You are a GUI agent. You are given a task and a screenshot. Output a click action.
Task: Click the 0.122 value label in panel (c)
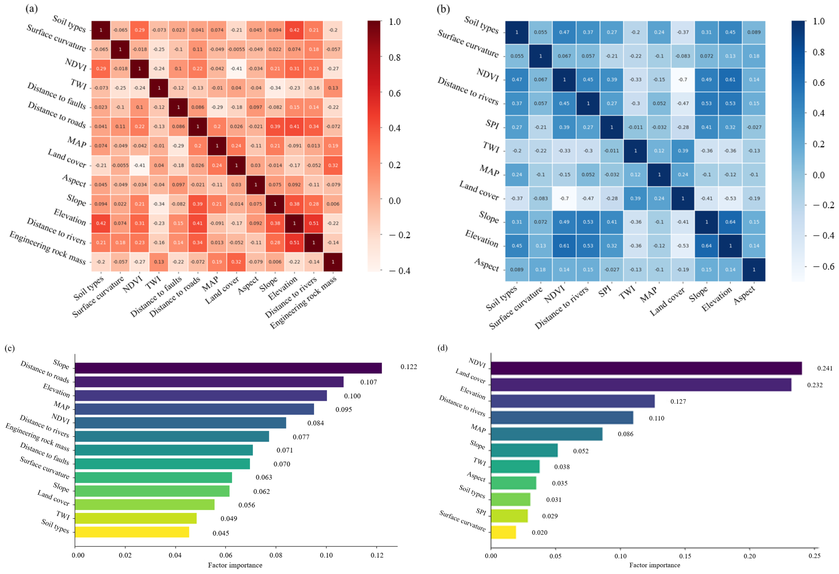(x=409, y=367)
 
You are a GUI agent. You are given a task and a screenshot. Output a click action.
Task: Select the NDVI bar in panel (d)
(x=646, y=368)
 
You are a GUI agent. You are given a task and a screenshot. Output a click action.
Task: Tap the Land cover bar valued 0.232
(x=641, y=385)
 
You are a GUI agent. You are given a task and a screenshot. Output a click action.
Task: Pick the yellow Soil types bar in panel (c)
(x=132, y=532)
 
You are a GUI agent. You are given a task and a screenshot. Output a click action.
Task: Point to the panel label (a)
(x=32, y=8)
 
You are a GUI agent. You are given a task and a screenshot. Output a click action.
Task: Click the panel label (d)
(x=443, y=348)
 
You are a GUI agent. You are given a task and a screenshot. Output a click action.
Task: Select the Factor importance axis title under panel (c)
(x=235, y=565)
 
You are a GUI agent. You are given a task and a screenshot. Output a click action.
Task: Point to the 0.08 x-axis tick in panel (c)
(x=276, y=555)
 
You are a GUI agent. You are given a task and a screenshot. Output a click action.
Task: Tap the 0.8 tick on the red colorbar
(x=395, y=57)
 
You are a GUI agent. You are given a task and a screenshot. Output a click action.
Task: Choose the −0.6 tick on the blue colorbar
(x=823, y=266)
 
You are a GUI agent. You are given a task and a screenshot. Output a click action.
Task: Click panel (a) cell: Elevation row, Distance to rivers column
(x=314, y=223)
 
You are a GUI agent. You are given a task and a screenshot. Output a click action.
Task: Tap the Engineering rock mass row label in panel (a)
(x=48, y=248)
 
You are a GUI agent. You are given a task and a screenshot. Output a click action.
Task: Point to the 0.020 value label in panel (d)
(x=539, y=532)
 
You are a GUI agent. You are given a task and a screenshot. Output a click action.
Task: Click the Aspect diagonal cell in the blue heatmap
(x=754, y=270)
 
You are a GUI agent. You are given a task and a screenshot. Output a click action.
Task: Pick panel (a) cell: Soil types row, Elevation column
(x=294, y=30)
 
